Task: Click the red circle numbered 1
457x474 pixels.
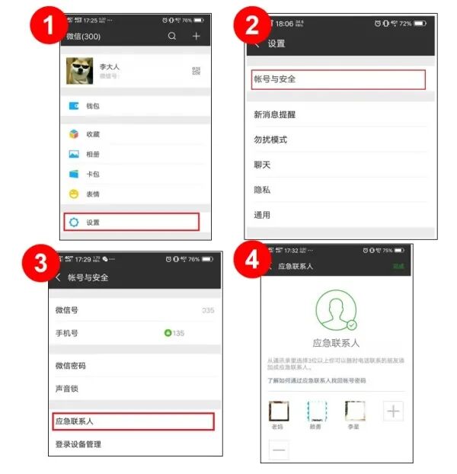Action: coord(46,30)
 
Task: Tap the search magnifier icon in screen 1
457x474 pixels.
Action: coord(172,36)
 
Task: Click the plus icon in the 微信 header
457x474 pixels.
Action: coord(197,36)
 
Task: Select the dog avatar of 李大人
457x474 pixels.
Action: coord(79,71)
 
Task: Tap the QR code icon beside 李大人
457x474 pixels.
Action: coord(196,72)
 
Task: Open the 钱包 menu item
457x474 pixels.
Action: coord(92,106)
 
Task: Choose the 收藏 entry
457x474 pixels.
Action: coord(93,134)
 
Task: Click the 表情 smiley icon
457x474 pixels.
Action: coord(74,194)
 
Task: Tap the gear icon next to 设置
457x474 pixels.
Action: coord(74,223)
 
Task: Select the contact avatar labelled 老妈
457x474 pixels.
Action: coord(279,412)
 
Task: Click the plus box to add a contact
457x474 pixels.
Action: coord(393,412)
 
